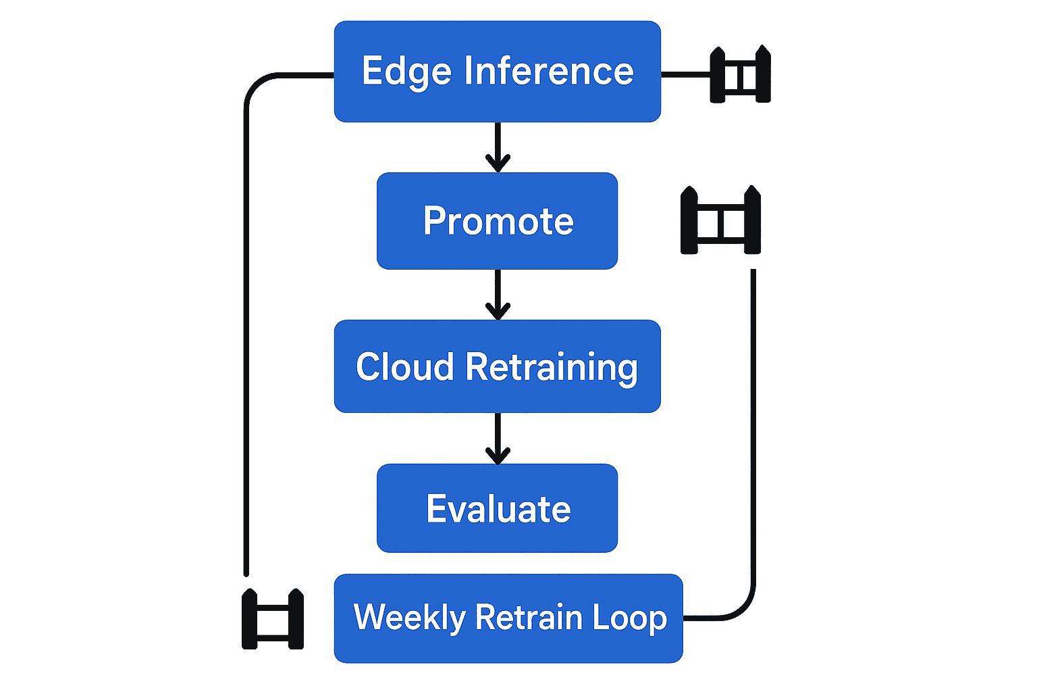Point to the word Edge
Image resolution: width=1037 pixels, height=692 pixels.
coord(406,72)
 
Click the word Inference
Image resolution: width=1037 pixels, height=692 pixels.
coord(548,72)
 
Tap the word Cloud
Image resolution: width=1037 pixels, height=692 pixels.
coord(404,367)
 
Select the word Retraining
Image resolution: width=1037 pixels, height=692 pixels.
coord(551,368)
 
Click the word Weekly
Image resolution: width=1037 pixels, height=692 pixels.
coord(410,618)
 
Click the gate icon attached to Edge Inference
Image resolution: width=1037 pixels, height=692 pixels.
coord(740,75)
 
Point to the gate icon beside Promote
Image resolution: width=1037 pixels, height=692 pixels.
coord(720,220)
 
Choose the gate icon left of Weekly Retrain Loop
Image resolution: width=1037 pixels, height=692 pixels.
coord(273,619)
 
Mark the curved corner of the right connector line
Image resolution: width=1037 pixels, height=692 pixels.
coord(743,608)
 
